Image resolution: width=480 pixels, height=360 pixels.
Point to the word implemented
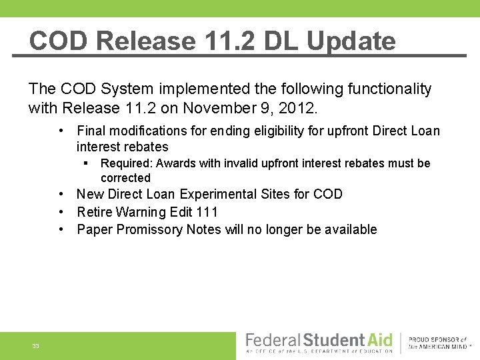click(188, 89)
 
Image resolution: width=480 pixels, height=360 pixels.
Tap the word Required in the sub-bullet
click(125, 163)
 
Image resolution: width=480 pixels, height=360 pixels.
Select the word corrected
click(125, 178)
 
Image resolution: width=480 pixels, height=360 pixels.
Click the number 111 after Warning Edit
click(207, 212)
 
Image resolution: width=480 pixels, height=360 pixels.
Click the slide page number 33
click(35, 346)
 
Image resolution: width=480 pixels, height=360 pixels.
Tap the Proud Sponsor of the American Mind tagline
click(438, 343)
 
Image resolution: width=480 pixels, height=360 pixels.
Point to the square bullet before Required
click(87, 163)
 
